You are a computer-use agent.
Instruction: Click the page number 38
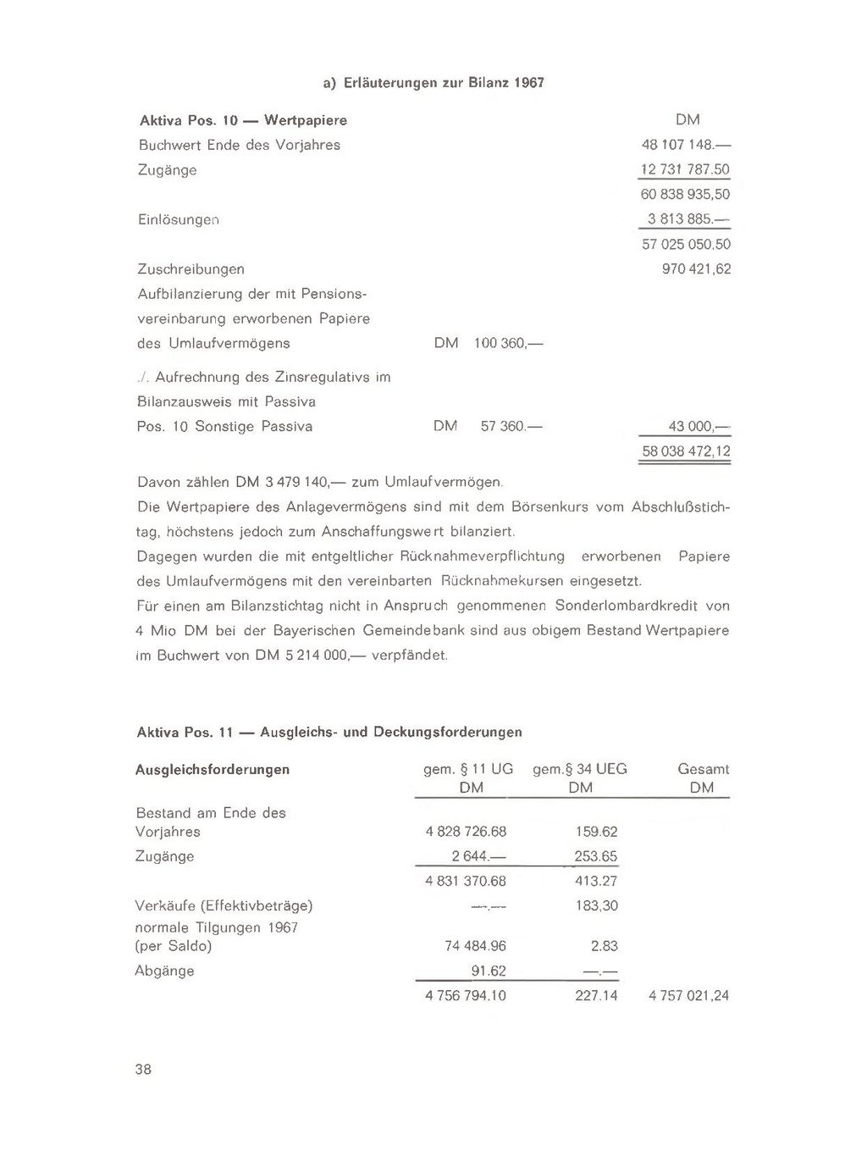143,1070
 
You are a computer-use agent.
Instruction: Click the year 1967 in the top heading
528,83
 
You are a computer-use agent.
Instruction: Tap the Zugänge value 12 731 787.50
685,169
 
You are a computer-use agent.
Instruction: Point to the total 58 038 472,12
686,451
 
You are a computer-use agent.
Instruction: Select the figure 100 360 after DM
503,344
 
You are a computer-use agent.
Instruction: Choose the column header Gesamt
703,769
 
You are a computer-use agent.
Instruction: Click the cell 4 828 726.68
466,832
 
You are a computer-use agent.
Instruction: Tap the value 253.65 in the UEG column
596,856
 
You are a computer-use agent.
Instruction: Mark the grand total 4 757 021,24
688,996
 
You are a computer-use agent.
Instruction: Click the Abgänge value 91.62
489,971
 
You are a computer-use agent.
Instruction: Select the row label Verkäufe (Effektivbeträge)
224,905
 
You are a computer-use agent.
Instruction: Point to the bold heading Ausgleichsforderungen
213,769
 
